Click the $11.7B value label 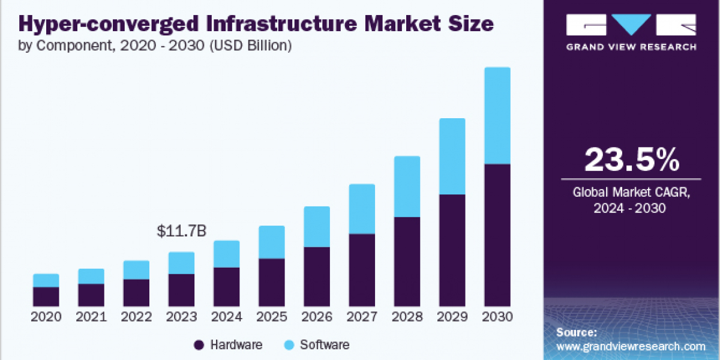[x=181, y=230]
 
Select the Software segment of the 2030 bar [x=497, y=115]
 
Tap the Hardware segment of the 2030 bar [x=497, y=234]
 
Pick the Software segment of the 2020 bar [x=46, y=280]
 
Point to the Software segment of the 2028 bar [x=407, y=187]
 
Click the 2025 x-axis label [x=271, y=317]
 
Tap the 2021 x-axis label [x=91, y=317]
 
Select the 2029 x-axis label [x=452, y=317]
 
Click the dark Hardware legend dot [x=199, y=344]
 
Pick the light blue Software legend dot [x=289, y=344]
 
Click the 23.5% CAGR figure [x=632, y=160]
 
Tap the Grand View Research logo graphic [x=631, y=26]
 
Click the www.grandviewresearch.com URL [x=631, y=346]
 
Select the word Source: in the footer [x=577, y=332]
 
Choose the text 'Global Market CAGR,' [x=632, y=193]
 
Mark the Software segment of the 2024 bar [x=226, y=254]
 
